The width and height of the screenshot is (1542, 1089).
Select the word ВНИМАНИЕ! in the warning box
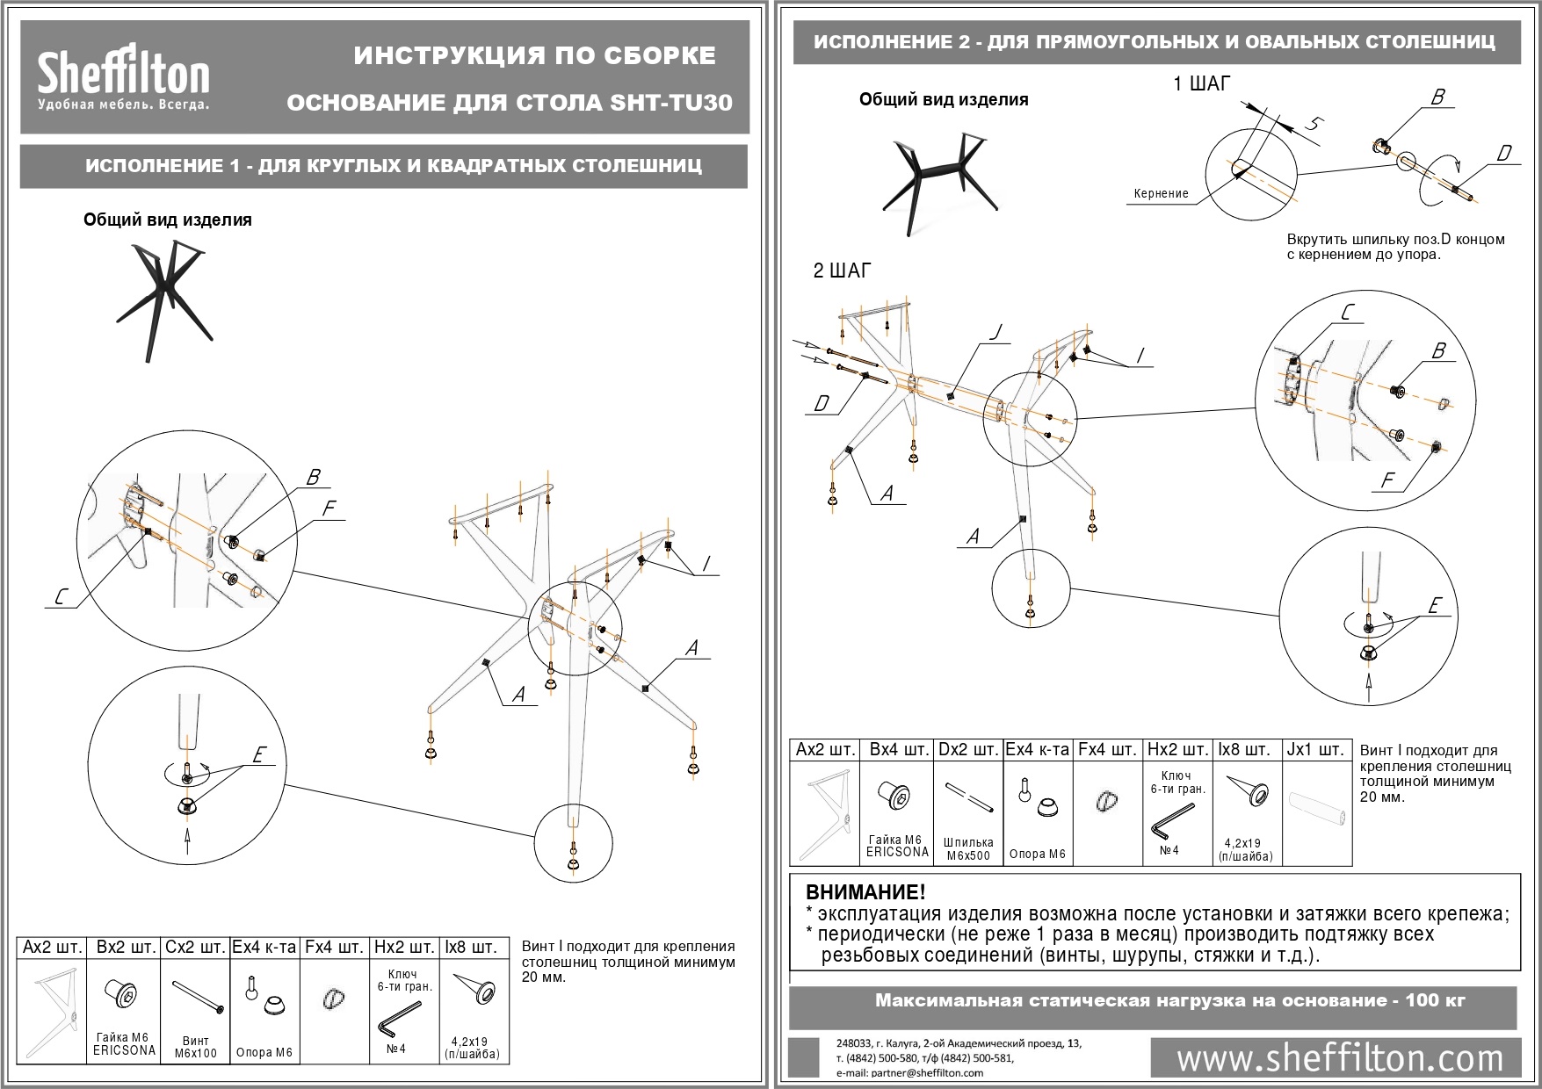[865, 893]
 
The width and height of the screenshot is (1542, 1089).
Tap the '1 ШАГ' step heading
[1202, 84]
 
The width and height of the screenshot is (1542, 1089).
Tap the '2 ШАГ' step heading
[842, 271]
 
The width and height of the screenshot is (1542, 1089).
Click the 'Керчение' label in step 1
[1161, 194]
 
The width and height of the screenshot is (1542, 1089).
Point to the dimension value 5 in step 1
[1311, 124]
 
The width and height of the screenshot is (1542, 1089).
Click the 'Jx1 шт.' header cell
[1315, 750]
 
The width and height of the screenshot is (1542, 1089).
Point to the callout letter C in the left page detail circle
[60, 598]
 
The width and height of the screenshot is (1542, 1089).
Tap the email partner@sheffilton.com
[909, 1072]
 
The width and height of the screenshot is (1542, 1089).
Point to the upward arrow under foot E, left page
[186, 840]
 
